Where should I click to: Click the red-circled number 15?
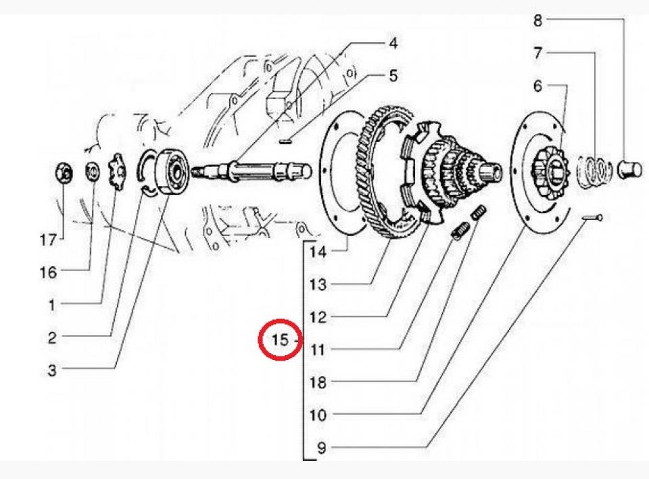[280, 340]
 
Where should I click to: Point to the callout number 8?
[537, 20]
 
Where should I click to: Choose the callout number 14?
[318, 252]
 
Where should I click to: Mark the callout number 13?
[318, 285]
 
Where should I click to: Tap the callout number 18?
[318, 382]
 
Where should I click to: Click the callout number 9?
[318, 447]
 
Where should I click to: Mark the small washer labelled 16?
[91, 173]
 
